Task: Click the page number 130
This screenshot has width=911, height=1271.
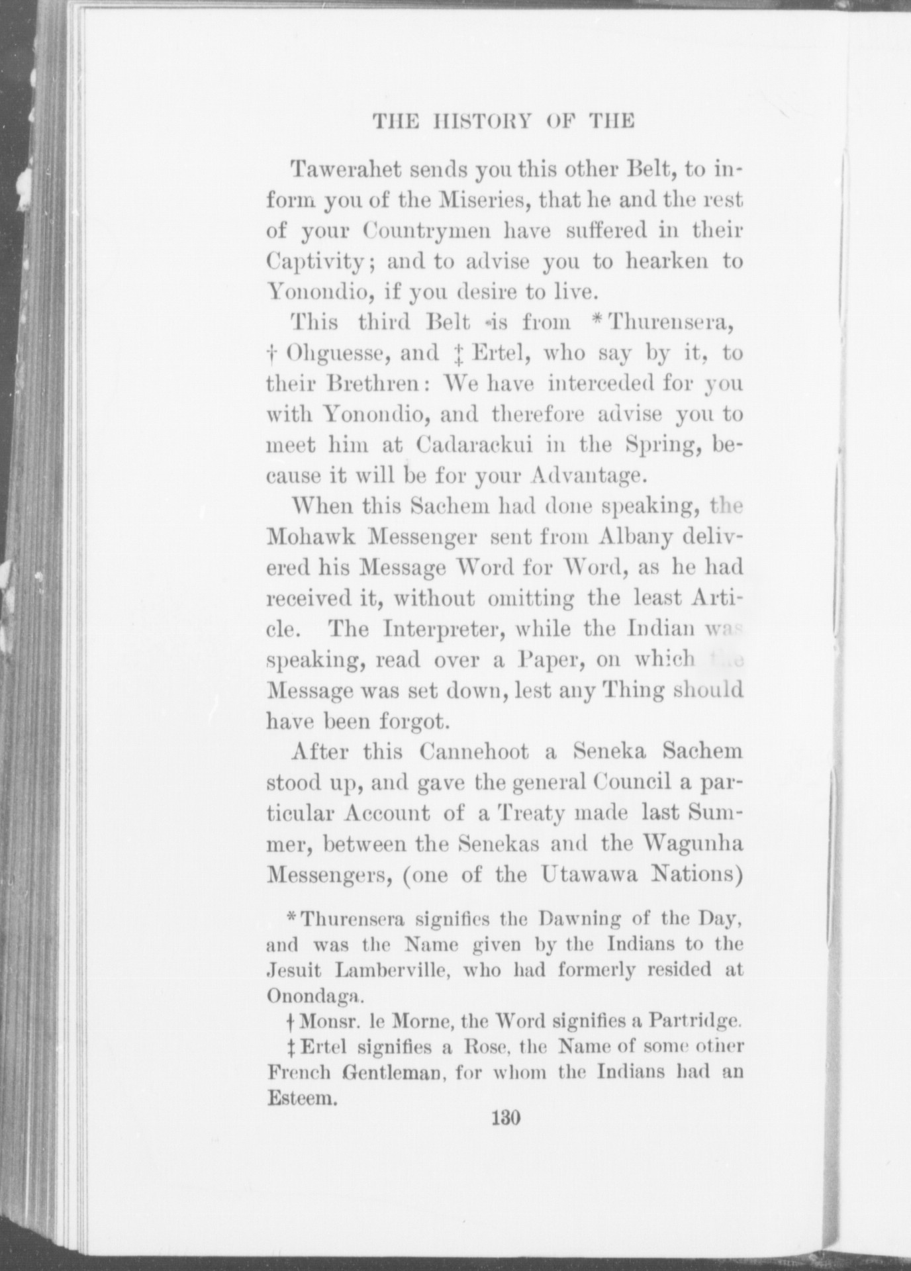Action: point(506,1118)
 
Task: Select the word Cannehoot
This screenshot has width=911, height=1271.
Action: point(474,752)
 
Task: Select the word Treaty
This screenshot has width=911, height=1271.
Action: point(531,813)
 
